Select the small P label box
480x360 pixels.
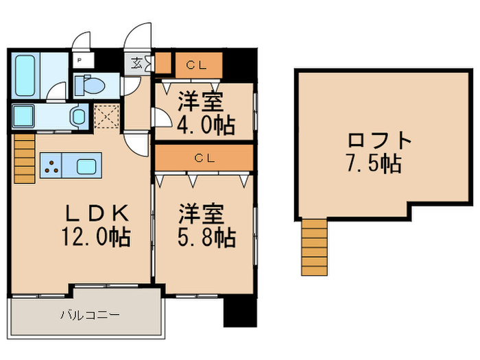click(x=80, y=60)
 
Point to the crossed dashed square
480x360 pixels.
click(x=107, y=115)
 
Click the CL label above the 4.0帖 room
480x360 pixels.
click(x=197, y=66)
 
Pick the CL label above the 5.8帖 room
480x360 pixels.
click(x=203, y=158)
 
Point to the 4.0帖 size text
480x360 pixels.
click(x=206, y=125)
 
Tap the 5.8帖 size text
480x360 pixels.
click(x=206, y=237)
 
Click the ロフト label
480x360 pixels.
click(x=379, y=141)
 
